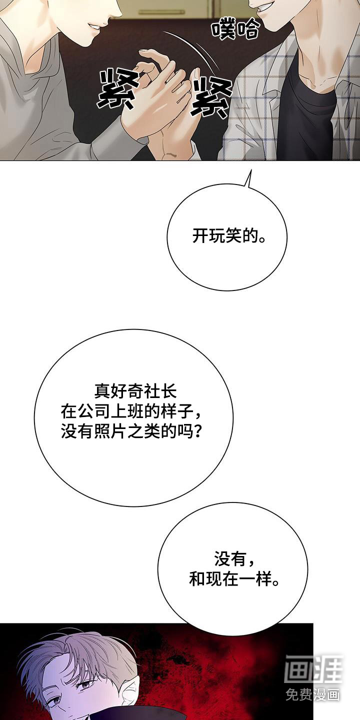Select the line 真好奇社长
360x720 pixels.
[x=135, y=392]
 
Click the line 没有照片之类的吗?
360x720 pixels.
[x=132, y=431]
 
